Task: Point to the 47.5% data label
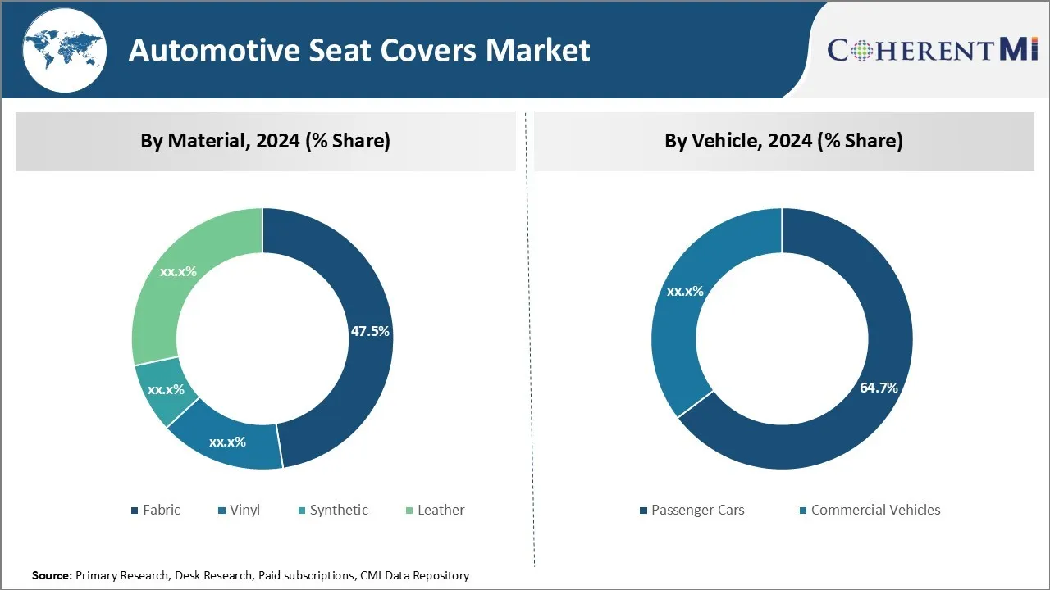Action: [x=370, y=332]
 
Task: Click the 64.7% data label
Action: [x=879, y=388]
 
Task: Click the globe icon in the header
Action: [x=64, y=51]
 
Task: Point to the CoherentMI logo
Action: [x=933, y=50]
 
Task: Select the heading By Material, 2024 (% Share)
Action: [x=265, y=141]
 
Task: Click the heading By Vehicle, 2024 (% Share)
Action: [x=783, y=141]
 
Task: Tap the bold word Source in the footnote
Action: [x=52, y=576]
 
